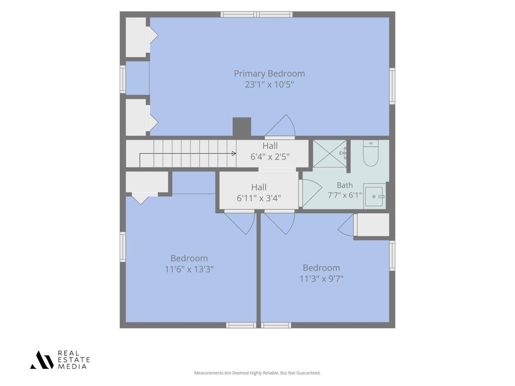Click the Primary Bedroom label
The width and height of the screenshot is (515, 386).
pyautogui.click(x=270, y=74)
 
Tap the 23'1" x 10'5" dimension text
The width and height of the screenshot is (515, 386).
pyautogui.click(x=270, y=85)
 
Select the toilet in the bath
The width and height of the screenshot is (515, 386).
pyautogui.click(x=371, y=153)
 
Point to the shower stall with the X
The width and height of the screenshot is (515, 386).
pyautogui.click(x=330, y=154)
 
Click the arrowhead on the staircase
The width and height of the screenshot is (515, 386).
pyautogui.click(x=234, y=153)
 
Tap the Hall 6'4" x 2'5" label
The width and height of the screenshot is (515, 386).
pyautogui.click(x=270, y=152)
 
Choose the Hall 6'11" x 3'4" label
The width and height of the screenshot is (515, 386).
pyautogui.click(x=259, y=193)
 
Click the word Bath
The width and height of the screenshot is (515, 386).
pyautogui.click(x=344, y=185)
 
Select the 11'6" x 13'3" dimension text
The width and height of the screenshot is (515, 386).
pyautogui.click(x=189, y=269)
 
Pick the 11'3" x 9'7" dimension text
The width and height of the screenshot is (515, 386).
pyautogui.click(x=321, y=279)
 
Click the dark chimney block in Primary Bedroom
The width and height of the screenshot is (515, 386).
pyautogui.click(x=241, y=127)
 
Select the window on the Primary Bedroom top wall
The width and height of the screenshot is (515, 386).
pyautogui.click(x=256, y=14)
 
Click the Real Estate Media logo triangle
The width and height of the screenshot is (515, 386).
pyautogui.click(x=42, y=360)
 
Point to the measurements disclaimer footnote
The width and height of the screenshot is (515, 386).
pyautogui.click(x=257, y=373)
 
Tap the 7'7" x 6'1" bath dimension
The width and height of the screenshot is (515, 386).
pyautogui.click(x=344, y=196)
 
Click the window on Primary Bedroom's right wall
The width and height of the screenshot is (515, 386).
pyautogui.click(x=392, y=86)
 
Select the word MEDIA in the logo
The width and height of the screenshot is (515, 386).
pyautogui.click(x=73, y=367)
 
